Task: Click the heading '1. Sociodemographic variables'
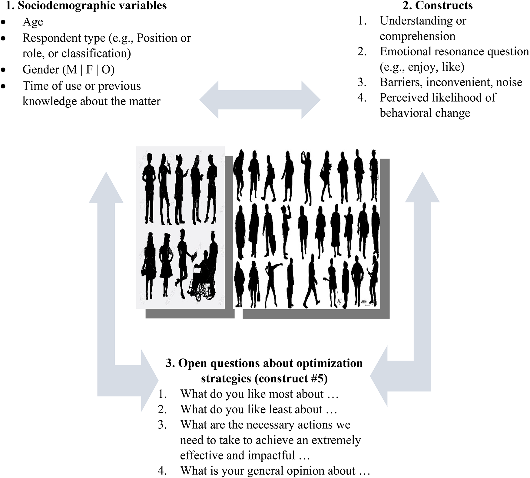click(86, 5)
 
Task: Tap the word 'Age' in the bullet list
click(33, 22)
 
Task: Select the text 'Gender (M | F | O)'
click(68, 70)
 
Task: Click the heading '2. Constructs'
click(438, 5)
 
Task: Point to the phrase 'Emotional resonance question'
click(454, 51)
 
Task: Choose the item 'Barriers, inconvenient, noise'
click(451, 82)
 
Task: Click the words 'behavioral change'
click(425, 113)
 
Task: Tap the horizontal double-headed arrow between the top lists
click(260, 100)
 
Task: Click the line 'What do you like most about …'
click(259, 394)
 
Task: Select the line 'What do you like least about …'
click(258, 409)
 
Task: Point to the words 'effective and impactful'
click(237, 455)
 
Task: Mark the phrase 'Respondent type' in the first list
click(64, 38)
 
